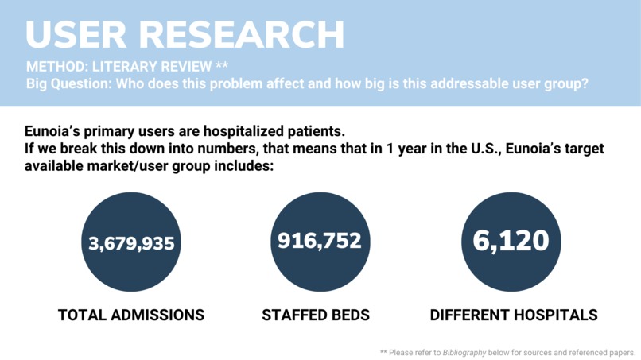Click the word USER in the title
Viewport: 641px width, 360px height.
[72, 35]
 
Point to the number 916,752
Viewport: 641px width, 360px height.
[319, 240]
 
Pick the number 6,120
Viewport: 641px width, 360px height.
[511, 241]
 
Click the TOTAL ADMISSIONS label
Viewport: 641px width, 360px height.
[131, 315]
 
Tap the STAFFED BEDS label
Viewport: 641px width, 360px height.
[316, 315]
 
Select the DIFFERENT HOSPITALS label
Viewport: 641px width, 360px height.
[514, 315]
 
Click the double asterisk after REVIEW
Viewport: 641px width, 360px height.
[222, 65]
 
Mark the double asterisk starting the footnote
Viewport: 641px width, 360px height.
[384, 351]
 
